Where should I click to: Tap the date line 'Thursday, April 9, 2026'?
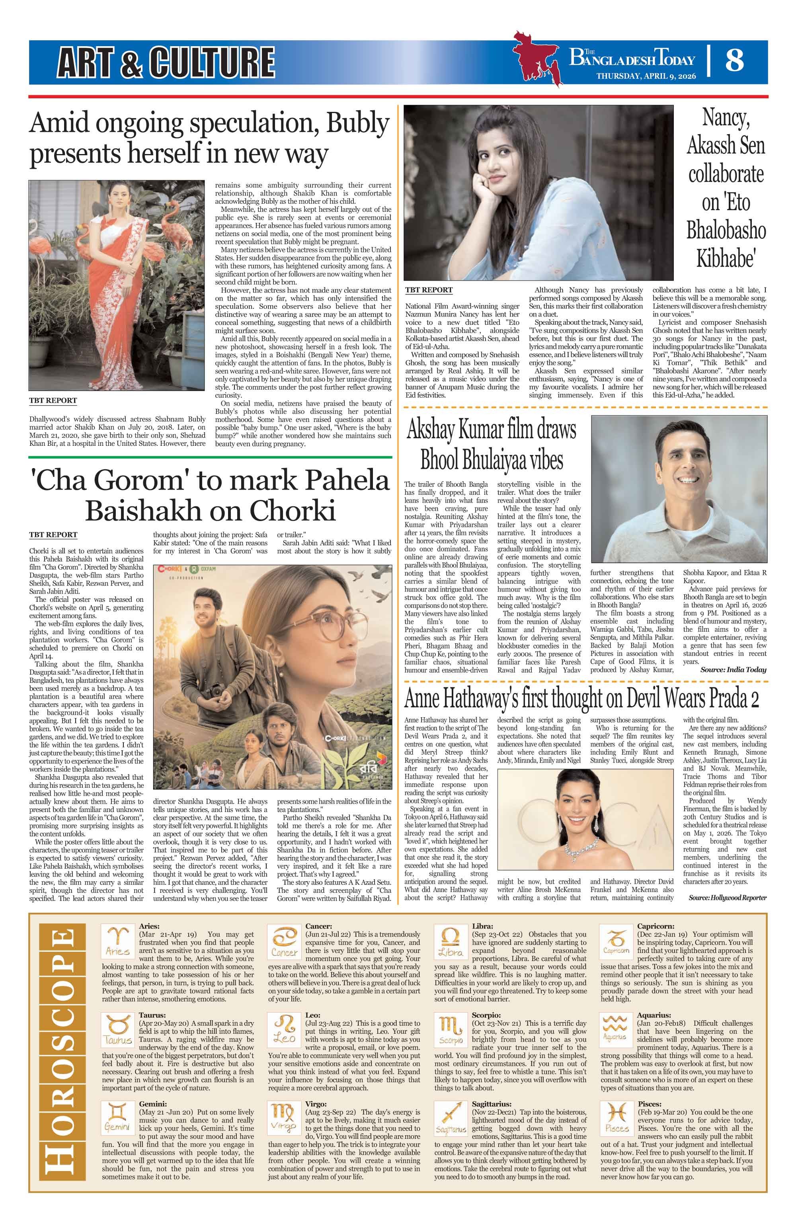tap(645, 76)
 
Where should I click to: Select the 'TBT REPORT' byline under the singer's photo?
tap(429, 290)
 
